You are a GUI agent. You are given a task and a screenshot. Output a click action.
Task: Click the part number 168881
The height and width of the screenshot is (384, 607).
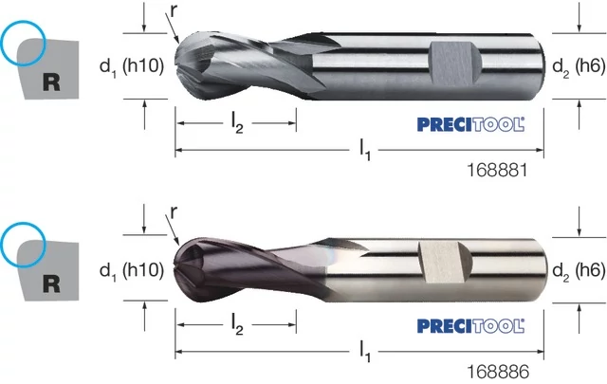497,170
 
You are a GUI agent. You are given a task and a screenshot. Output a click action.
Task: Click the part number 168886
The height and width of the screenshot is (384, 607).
498,372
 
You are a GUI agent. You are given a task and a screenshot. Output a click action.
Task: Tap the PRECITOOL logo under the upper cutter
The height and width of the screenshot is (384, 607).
470,124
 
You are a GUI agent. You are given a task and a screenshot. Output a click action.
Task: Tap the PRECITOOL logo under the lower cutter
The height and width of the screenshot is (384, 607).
470,326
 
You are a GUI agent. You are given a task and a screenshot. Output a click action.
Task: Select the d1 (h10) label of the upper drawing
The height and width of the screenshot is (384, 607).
132,67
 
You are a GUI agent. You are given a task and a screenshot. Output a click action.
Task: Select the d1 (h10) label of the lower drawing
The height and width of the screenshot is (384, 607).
132,270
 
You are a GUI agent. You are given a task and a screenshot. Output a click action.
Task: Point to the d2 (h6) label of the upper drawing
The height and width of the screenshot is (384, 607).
579,67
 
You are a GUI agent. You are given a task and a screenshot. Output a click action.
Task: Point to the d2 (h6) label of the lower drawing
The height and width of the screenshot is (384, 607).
579,270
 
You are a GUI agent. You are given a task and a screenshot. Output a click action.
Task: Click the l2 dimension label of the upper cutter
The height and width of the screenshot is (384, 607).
237,124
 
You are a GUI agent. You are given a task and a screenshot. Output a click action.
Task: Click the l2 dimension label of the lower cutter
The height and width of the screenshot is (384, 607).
237,325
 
